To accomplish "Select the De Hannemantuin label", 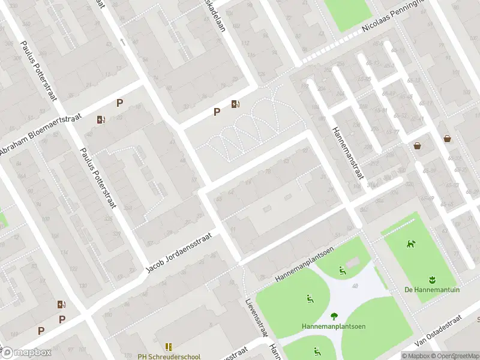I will [432, 289].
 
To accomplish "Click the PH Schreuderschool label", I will [169, 356].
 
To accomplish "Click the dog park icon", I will [411, 244].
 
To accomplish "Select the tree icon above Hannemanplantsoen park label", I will [334, 316].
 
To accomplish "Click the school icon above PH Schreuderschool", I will [169, 347].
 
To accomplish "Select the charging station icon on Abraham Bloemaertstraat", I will [101, 119].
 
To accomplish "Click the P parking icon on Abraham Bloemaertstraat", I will [119, 103].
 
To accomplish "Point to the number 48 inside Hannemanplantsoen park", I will [355, 286].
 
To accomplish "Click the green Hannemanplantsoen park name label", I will [334, 326].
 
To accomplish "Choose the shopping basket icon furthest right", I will [448, 139].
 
